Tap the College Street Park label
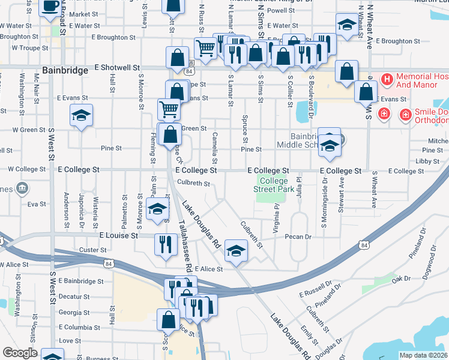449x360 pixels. pyautogui.click(x=273, y=185)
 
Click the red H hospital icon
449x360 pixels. pyautogui.click(x=387, y=79)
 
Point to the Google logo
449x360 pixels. pyautogui.click(x=20, y=353)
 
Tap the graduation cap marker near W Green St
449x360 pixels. pyautogui.click(x=82, y=115)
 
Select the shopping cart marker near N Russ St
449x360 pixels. pyautogui.click(x=206, y=47)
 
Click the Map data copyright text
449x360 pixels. pyautogui.click(x=423, y=355)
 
